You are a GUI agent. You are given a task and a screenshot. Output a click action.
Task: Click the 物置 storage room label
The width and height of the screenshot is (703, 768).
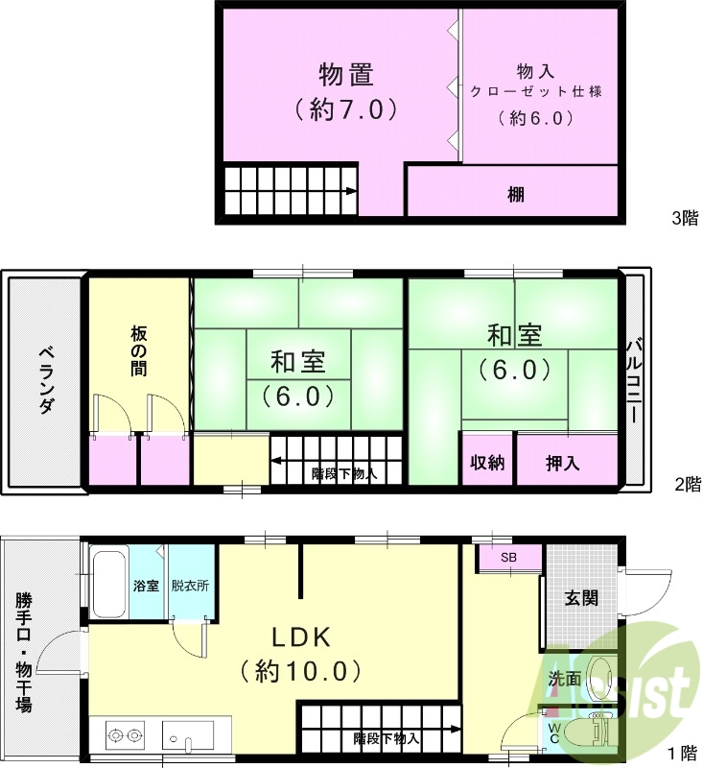click(x=346, y=75)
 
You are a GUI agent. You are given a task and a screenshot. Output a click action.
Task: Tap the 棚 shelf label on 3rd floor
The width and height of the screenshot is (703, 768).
click(x=516, y=194)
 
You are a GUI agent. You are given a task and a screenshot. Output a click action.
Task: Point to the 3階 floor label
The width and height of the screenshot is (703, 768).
click(x=685, y=218)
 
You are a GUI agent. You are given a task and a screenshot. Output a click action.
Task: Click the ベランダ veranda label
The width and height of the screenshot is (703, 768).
click(x=45, y=379)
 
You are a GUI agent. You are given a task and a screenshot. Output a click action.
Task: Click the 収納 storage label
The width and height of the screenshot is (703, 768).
click(x=487, y=463)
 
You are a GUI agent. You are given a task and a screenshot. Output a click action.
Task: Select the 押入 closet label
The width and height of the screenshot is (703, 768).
click(x=562, y=463)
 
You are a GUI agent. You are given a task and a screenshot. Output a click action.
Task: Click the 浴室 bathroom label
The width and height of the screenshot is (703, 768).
click(x=146, y=585)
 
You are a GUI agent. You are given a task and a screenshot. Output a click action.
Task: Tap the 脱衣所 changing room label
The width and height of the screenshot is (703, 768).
click(x=190, y=585)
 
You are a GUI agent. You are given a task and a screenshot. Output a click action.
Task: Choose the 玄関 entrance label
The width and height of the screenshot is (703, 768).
click(x=581, y=598)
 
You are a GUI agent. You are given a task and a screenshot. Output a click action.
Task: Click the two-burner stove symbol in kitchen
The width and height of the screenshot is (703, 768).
click(x=123, y=736)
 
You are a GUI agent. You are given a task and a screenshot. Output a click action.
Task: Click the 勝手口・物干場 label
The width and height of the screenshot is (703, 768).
click(x=23, y=651)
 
